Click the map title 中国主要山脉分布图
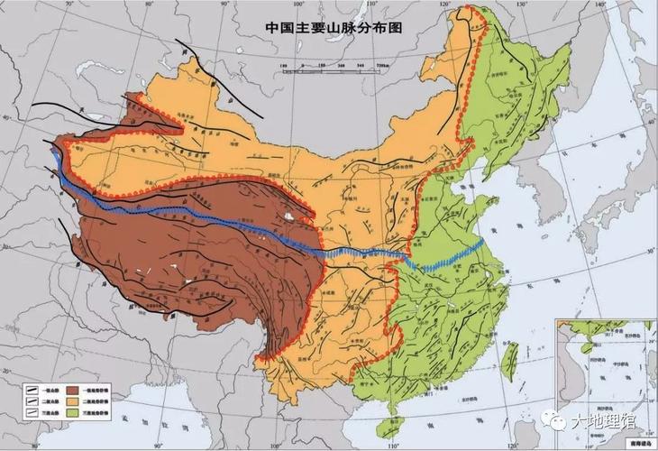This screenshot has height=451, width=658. [332, 27]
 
